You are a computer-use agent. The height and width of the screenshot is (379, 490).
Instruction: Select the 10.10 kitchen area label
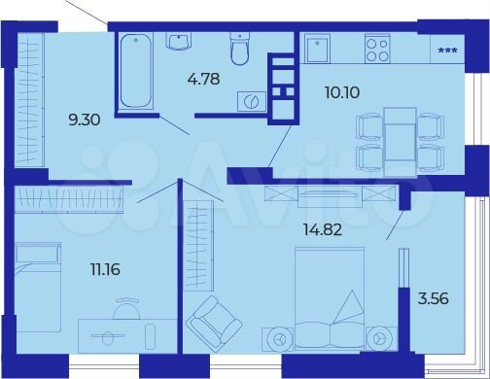tap(341, 93)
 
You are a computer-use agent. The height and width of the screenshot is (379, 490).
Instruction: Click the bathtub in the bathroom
tap(136, 71)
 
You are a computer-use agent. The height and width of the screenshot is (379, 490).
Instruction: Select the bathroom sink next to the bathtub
tap(180, 40)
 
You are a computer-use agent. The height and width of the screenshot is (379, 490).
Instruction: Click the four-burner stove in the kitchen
tap(376, 48)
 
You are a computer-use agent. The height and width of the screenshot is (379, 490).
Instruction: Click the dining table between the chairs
tap(400, 140)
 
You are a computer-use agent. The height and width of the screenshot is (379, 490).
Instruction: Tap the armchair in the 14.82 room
tap(214, 322)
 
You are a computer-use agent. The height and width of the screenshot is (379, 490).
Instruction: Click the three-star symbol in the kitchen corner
tap(448, 51)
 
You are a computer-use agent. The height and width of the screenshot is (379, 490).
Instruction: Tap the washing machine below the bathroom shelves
tap(254, 101)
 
